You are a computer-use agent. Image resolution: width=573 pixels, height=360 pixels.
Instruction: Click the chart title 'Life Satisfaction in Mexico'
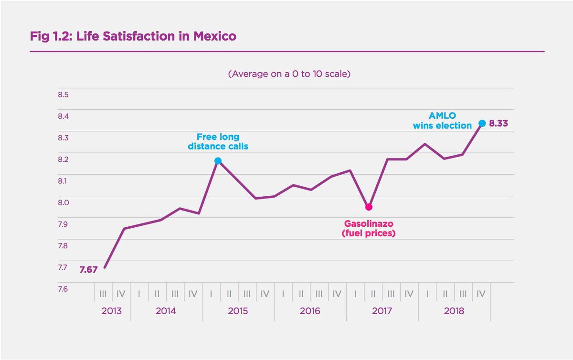(133, 36)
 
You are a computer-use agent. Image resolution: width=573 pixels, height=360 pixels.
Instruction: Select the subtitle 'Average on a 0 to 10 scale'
(289, 74)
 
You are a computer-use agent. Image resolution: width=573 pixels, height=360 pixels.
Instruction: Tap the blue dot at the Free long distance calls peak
(218, 161)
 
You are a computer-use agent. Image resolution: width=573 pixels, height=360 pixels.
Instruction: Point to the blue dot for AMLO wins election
(482, 123)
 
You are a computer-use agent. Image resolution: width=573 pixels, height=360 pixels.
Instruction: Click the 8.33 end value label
(498, 124)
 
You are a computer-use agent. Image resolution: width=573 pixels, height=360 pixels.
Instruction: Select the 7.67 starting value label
(88, 269)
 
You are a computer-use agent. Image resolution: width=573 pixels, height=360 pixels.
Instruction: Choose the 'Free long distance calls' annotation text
(218, 142)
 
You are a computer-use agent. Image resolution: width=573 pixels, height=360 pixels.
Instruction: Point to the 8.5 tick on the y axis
(64, 95)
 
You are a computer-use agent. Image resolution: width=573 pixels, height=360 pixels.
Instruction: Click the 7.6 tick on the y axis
(64, 289)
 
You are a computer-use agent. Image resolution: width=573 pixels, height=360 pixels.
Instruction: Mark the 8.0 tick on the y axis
(64, 202)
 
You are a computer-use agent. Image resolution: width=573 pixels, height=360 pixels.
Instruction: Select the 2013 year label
(112, 311)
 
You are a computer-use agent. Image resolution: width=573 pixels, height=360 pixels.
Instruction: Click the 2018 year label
(454, 311)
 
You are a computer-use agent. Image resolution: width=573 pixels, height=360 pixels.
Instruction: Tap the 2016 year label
(310, 311)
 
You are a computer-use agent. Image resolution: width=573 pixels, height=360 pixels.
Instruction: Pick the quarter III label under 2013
(103, 294)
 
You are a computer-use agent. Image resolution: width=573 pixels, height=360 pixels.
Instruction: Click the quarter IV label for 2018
(481, 294)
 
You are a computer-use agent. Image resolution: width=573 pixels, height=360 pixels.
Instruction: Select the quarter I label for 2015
(211, 294)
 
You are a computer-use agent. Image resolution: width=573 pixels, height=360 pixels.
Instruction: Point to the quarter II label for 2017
(373, 294)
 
